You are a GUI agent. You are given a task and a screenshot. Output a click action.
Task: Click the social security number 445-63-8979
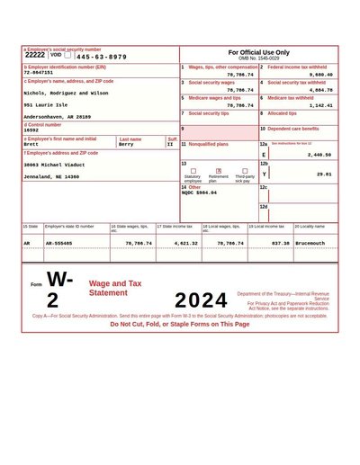pyautogui.click(x=101, y=57)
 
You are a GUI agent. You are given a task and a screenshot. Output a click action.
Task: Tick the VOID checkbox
pyautogui.click(x=67, y=55)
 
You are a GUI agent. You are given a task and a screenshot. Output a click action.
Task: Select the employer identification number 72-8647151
pyautogui.click(x=38, y=73)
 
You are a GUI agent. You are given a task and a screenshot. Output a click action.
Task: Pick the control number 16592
pyautogui.click(x=31, y=130)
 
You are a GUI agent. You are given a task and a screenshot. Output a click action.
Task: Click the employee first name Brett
pyautogui.click(x=31, y=144)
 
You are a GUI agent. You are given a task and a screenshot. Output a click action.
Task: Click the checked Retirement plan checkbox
pyautogui.click(x=219, y=170)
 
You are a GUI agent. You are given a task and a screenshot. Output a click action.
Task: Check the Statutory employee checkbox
pyautogui.click(x=193, y=170)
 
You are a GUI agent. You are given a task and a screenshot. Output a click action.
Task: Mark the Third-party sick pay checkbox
pyautogui.click(x=244, y=170)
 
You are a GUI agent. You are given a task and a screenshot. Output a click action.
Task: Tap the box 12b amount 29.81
pyautogui.click(x=324, y=174)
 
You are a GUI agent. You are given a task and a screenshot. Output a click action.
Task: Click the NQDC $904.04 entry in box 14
pyautogui.click(x=199, y=192)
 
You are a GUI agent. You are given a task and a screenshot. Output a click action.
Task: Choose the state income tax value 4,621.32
pyautogui.click(x=185, y=243)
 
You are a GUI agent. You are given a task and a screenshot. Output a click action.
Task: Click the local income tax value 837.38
pyautogui.click(x=280, y=243)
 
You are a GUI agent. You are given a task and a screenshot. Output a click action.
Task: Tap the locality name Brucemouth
pyautogui.click(x=310, y=243)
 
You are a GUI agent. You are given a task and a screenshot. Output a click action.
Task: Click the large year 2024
pyautogui.click(x=202, y=300)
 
